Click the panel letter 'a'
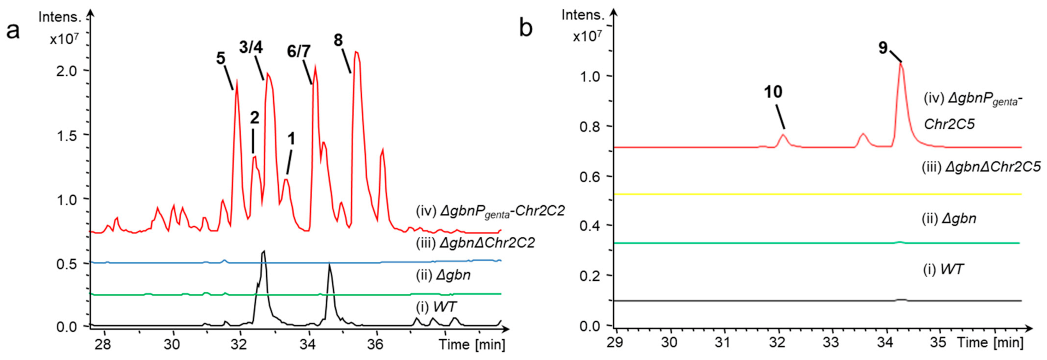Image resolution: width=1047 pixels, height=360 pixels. point(13,31)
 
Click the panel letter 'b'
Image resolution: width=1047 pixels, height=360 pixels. point(525,28)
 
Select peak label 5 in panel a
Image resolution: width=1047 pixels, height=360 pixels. point(220,58)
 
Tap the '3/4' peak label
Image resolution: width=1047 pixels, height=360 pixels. point(250,47)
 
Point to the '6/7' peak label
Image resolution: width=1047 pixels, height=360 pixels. point(298,51)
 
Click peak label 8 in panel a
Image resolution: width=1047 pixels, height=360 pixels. point(338,40)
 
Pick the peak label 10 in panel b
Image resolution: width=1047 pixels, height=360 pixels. point(773,92)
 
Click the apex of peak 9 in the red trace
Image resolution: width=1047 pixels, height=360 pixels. point(901,64)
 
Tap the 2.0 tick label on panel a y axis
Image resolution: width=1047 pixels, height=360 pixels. point(67,71)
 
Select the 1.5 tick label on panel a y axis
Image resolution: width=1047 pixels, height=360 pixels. point(67,135)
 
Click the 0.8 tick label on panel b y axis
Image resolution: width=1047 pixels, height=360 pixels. point(590,127)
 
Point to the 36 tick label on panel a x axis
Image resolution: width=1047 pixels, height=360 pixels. point(375,344)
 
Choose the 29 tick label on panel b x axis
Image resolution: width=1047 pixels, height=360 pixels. point(615,342)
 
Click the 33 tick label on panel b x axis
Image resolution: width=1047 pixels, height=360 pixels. point(830,342)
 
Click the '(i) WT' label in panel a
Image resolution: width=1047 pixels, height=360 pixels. point(436,307)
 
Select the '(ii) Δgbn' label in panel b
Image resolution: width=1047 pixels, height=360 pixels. point(949,219)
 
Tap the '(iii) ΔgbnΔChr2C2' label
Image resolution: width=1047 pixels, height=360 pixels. point(475,242)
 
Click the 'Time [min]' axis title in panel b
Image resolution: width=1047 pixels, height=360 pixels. point(990,342)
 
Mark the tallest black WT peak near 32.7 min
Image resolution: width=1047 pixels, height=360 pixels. point(264,251)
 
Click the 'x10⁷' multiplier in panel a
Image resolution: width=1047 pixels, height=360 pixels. point(64,39)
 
